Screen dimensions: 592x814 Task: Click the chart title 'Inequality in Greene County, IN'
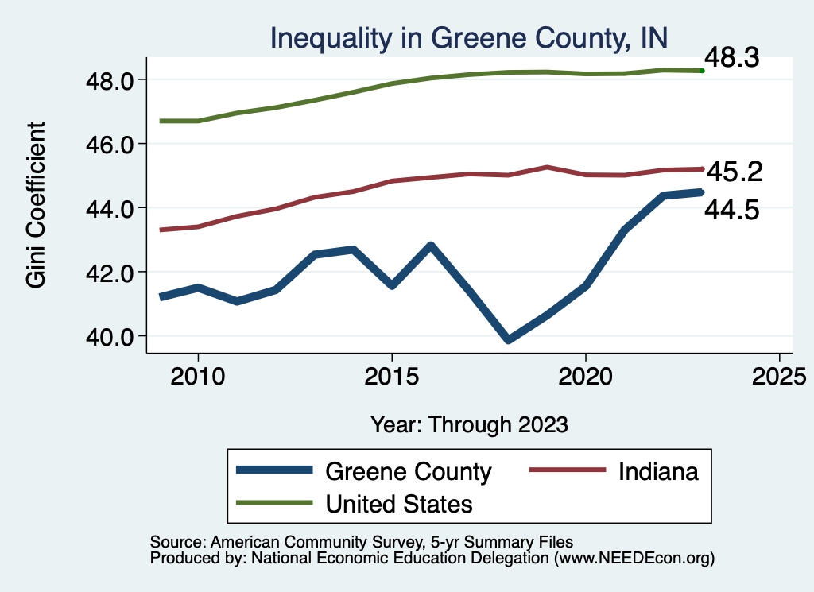coord(468,37)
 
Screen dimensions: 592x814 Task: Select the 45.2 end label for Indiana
coord(735,171)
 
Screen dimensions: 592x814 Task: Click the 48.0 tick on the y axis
coord(111,80)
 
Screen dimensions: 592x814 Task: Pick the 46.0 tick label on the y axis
coord(111,144)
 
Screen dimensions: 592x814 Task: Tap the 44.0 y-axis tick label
coord(111,208)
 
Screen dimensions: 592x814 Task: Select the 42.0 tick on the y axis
coord(111,272)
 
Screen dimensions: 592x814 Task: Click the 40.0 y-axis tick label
coord(111,336)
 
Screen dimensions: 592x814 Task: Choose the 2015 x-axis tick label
coord(391,376)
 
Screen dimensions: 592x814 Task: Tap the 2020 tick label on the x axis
coord(585,376)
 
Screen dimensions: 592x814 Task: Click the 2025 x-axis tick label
coord(779,376)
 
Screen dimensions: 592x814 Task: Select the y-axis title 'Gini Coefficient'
coord(37,204)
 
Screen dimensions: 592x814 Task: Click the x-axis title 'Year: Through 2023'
coord(469,424)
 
